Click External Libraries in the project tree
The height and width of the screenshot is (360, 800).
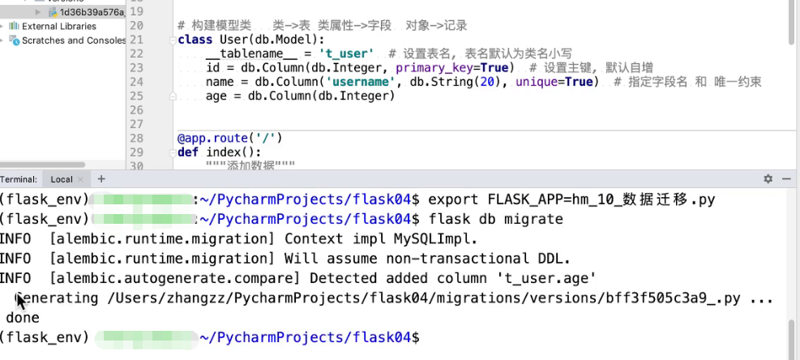(x=58, y=26)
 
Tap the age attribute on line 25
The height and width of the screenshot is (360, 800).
(x=216, y=96)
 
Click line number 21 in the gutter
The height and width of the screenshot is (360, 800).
(x=136, y=40)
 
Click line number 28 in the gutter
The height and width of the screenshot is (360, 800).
(x=136, y=138)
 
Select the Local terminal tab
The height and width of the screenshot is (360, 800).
(x=62, y=179)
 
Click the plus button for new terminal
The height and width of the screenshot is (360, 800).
(x=101, y=178)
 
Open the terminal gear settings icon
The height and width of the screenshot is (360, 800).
(x=768, y=179)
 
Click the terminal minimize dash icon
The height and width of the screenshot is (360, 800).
(x=786, y=179)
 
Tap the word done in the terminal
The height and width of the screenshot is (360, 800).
(x=23, y=318)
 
